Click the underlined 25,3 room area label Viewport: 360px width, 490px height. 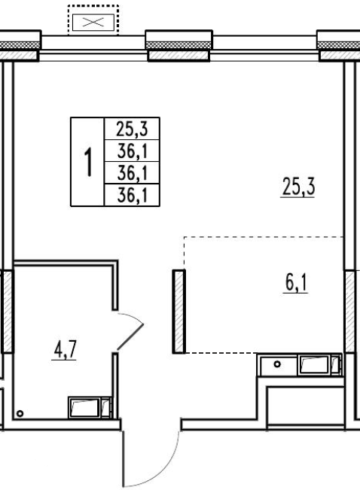(298, 187)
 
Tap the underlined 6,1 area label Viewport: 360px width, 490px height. (295, 283)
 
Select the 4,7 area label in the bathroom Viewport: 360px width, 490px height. (65, 350)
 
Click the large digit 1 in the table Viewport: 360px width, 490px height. (88, 162)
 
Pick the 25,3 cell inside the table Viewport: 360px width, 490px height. (132, 129)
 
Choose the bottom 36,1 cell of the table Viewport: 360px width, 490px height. (132, 195)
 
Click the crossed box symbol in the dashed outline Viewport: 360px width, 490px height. (93, 22)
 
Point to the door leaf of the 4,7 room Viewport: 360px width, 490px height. (130, 337)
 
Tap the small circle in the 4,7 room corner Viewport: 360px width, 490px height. (20, 414)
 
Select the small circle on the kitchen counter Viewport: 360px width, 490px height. (277, 364)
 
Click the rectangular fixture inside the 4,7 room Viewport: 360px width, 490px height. (90, 407)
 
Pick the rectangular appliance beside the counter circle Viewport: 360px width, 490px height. (319, 364)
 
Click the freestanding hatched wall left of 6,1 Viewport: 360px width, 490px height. (179, 312)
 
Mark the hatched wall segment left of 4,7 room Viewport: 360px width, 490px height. (8, 312)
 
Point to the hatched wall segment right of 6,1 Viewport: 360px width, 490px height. (350, 312)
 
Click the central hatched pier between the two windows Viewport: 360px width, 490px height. (178, 55)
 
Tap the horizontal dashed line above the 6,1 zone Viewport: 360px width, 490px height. (264, 237)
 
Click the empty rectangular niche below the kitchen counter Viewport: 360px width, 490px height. (306, 406)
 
